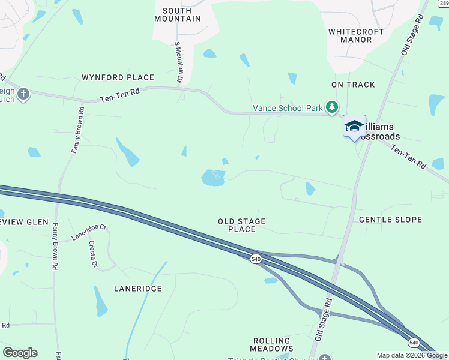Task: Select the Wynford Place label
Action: tap(118, 77)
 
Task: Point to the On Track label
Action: tap(353, 85)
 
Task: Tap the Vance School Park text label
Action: tap(288, 108)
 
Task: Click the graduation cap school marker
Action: tap(354, 127)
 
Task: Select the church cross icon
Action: tap(23, 94)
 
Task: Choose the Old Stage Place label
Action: tap(241, 225)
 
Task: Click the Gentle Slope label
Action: tap(390, 220)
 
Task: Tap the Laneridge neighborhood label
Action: tap(138, 289)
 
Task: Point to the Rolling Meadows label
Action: tap(273, 344)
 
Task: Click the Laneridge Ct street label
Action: tap(89, 232)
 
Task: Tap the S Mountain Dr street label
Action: tap(178, 61)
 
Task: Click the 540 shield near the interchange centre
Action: tap(256, 259)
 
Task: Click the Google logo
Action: tap(20, 353)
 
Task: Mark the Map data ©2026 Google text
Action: tap(412, 355)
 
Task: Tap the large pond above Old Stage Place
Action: tap(212, 178)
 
